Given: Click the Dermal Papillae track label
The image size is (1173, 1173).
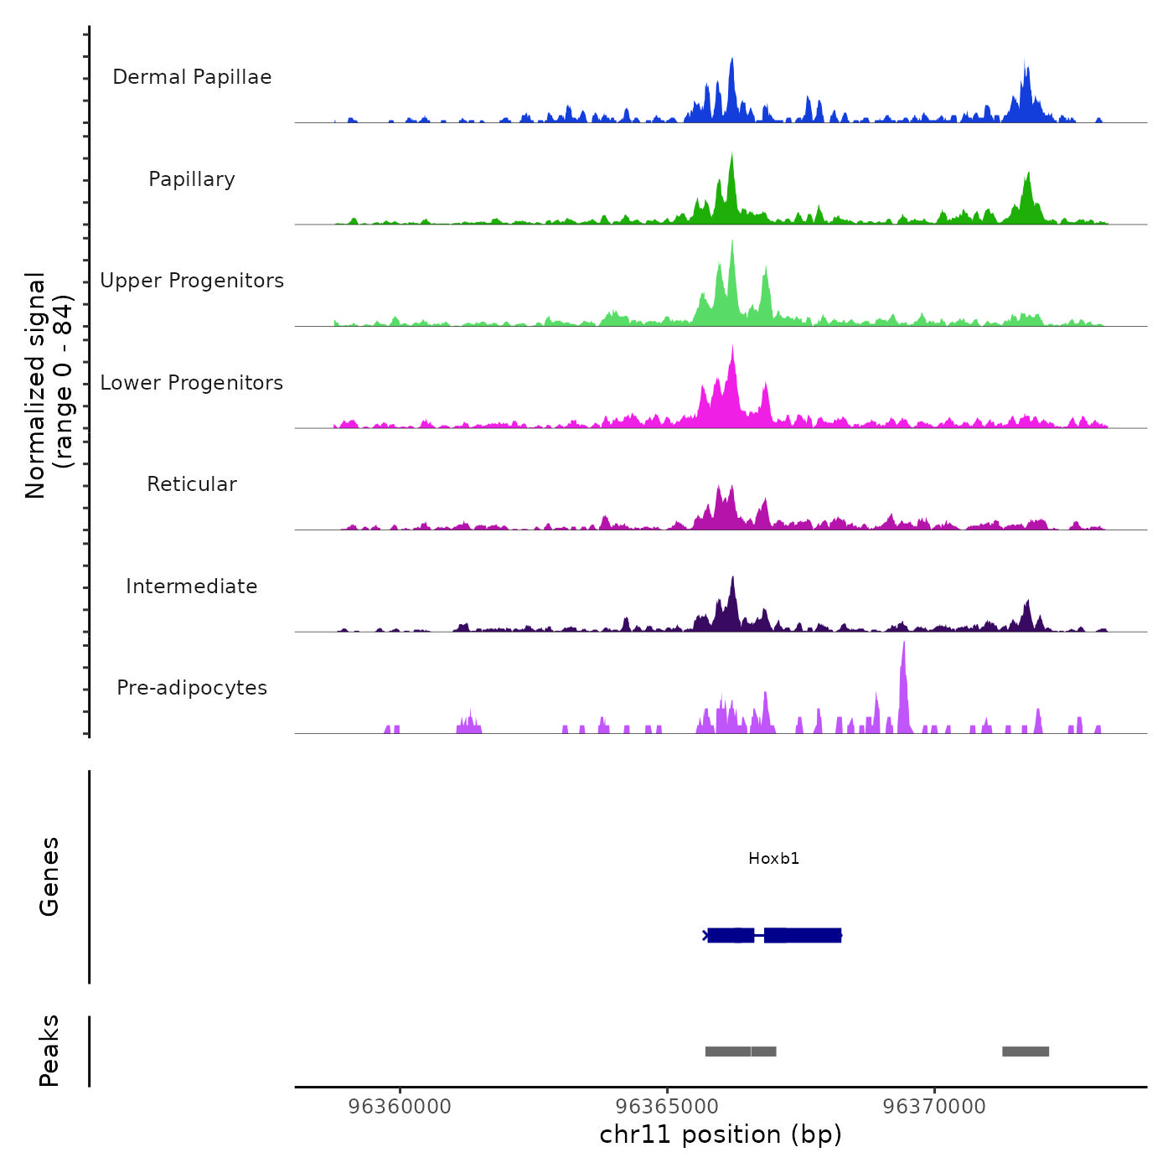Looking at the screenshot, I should pos(192,77).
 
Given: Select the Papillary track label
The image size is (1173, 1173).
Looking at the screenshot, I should pos(192,179).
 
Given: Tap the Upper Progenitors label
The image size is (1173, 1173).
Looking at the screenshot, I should pos(192,281).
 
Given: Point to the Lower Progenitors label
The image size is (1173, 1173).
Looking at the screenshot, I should pos(192,383).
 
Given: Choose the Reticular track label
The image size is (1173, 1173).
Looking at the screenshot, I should pos(192,484).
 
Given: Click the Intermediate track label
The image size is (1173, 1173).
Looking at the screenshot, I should pos(192,586).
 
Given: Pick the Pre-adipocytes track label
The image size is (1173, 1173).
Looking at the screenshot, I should pos(192,688).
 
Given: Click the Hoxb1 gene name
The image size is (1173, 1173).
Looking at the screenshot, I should pos(773,859).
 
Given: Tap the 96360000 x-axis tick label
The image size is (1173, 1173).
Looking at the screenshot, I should pos(400,1107).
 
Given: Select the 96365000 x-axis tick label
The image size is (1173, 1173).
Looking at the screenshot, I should pos(667,1107).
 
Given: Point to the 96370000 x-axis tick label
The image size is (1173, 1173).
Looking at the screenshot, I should pos(934,1107).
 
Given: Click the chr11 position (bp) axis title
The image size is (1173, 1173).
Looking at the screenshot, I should pos(721,1135).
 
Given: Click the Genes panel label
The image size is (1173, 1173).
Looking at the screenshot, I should pos(49,876).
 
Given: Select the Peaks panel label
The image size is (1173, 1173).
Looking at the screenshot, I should pos(49,1051).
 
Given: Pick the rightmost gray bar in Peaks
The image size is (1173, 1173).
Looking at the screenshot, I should pos(1026,1052).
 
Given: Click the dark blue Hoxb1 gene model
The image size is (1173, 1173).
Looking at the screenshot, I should pos(773,935).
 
